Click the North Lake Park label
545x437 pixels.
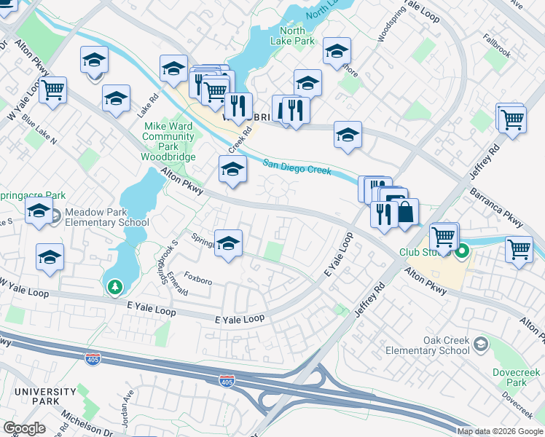click(x=297, y=36)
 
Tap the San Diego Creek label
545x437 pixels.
click(x=297, y=168)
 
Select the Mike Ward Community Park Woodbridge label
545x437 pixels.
click(x=168, y=141)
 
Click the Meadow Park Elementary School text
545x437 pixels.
click(x=106, y=217)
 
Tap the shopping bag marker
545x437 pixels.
click(x=407, y=213)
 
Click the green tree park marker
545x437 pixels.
click(x=115, y=288)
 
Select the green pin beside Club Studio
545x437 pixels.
click(x=462, y=253)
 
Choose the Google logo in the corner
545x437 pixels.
click(x=24, y=428)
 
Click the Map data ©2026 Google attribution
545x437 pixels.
click(x=499, y=431)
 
